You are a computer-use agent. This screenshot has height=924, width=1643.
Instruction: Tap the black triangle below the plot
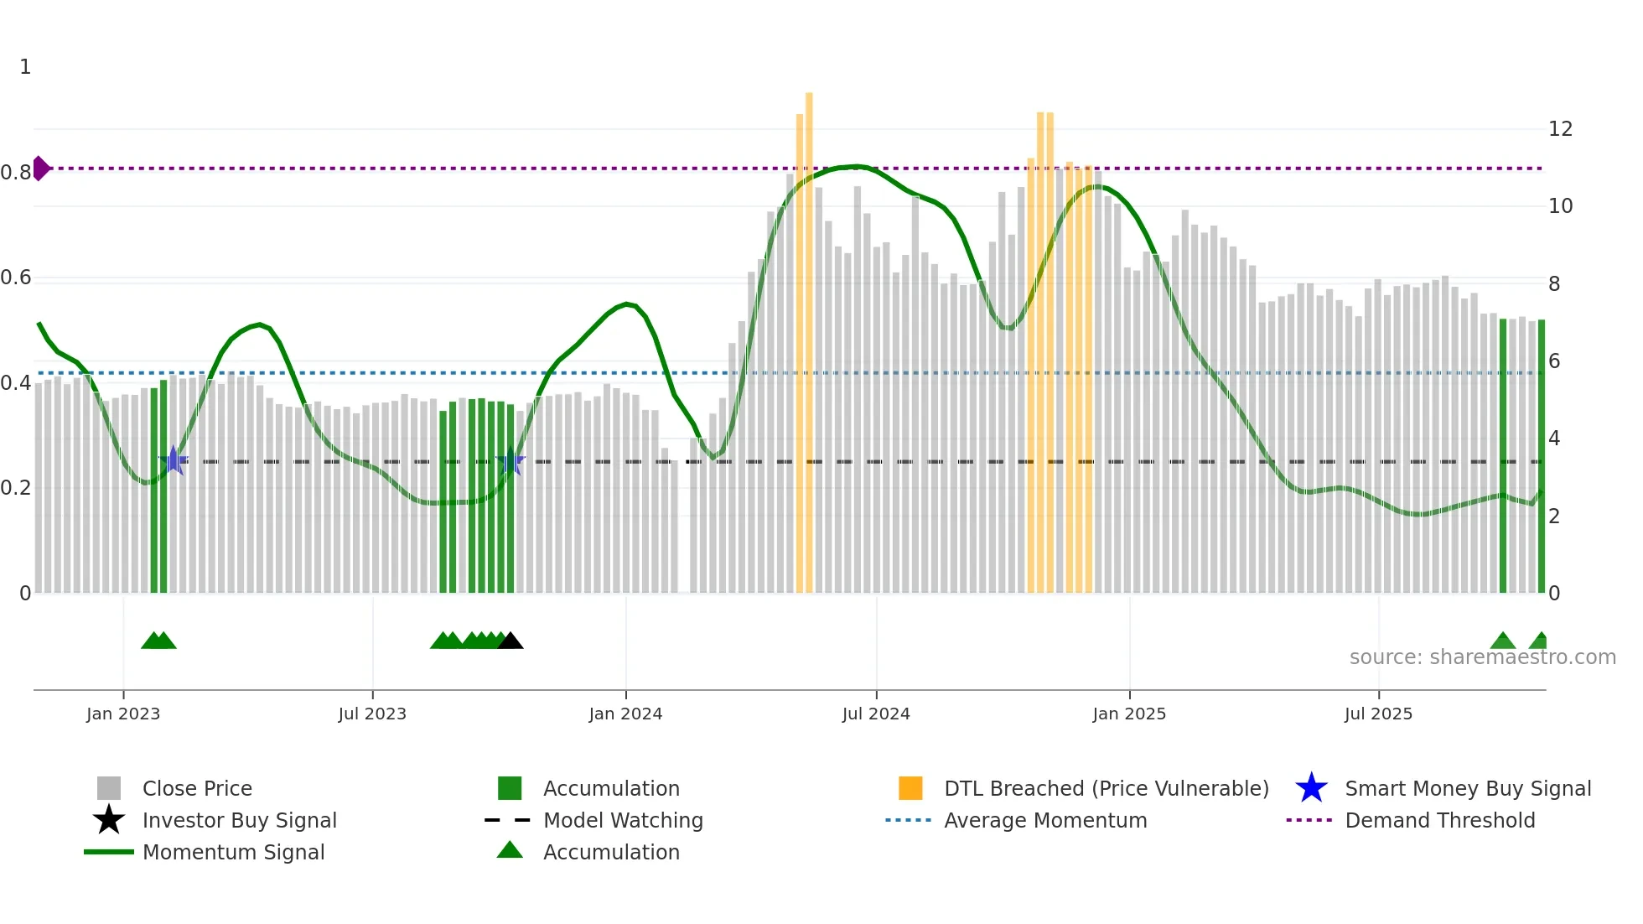coord(511,641)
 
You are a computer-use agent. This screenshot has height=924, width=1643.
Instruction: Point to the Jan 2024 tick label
coord(625,714)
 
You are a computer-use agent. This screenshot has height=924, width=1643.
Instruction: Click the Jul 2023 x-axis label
coord(372,714)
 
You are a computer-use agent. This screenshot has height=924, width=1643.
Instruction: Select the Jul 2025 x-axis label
coord(1378,714)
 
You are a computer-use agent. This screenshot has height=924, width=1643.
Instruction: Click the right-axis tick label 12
coord(1560,129)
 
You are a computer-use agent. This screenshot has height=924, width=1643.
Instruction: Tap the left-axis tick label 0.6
coord(16,278)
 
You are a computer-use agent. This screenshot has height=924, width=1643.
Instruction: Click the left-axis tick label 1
coord(25,67)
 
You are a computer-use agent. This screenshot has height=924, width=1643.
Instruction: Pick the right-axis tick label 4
coord(1554,439)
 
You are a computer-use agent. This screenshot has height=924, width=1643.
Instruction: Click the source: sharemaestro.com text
coord(1482,657)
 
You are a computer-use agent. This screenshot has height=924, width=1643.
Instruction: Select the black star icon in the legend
coord(109,820)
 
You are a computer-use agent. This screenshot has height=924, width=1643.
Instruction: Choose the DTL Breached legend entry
coord(1106,789)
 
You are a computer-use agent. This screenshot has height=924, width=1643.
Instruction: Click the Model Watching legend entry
coord(622,821)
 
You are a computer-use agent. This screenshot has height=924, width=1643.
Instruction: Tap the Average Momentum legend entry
coord(1044,821)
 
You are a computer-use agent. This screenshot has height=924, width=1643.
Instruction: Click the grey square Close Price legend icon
coord(109,789)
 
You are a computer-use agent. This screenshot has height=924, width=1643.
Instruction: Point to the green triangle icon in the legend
coord(510,851)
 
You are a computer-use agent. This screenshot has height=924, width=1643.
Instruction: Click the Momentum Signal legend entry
coord(233,853)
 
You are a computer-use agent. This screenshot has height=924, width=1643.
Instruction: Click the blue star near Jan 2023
coord(174,460)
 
